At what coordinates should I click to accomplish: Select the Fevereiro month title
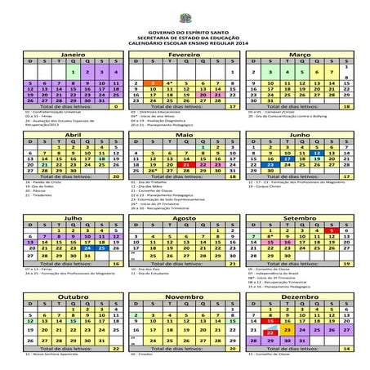pos(185,53)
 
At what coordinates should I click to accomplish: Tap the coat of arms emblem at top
pos(185,11)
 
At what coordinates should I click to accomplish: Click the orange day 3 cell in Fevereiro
pos(153,83)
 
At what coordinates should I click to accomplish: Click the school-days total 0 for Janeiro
pos(116,105)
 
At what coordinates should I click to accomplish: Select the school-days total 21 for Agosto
pos(232,264)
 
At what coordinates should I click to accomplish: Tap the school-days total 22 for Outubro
pos(116,349)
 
